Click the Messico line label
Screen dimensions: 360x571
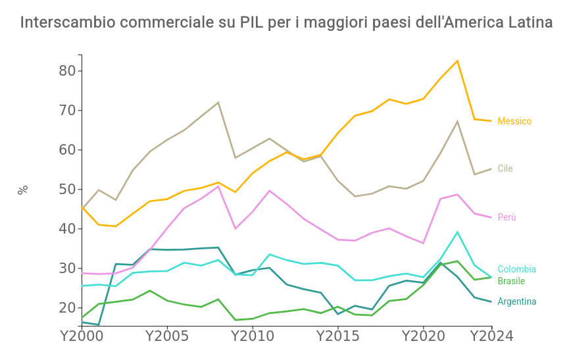[x=514, y=121]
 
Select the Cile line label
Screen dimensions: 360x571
[x=505, y=168]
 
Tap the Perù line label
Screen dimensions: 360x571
[x=507, y=217]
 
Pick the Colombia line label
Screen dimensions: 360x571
[x=516, y=269]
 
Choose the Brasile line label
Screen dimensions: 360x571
[x=511, y=281]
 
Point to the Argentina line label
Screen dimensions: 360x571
[x=516, y=301]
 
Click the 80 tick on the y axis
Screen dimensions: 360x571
[x=68, y=71]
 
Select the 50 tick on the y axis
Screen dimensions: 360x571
[x=68, y=190]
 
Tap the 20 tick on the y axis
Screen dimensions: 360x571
[x=68, y=308]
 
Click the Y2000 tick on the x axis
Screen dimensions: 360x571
[x=82, y=336]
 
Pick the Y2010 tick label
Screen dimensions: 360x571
[x=253, y=336]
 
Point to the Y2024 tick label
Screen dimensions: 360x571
[x=491, y=336]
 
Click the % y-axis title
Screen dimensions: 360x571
[x=23, y=190]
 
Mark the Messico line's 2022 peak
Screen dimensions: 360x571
[x=457, y=61]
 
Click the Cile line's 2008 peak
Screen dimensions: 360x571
[x=218, y=102]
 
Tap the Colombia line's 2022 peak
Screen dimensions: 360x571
[x=457, y=232]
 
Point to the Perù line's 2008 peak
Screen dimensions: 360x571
[x=218, y=186]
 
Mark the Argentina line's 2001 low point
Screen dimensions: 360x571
[x=99, y=325]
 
